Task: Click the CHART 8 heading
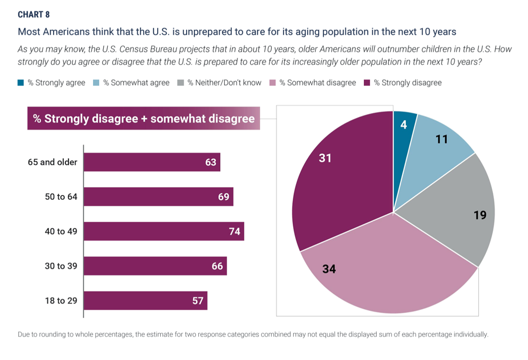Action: coord(34,14)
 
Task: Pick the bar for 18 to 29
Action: coord(145,300)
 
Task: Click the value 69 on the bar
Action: coord(223,197)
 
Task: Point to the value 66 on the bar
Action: coord(217,266)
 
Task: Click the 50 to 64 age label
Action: coord(61,197)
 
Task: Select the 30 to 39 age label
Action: coord(61,266)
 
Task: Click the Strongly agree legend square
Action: coord(21,82)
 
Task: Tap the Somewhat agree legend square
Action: coord(96,82)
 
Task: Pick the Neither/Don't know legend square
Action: coord(181,82)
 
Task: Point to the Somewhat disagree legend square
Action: coord(272,82)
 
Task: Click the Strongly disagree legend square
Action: coord(367,82)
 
